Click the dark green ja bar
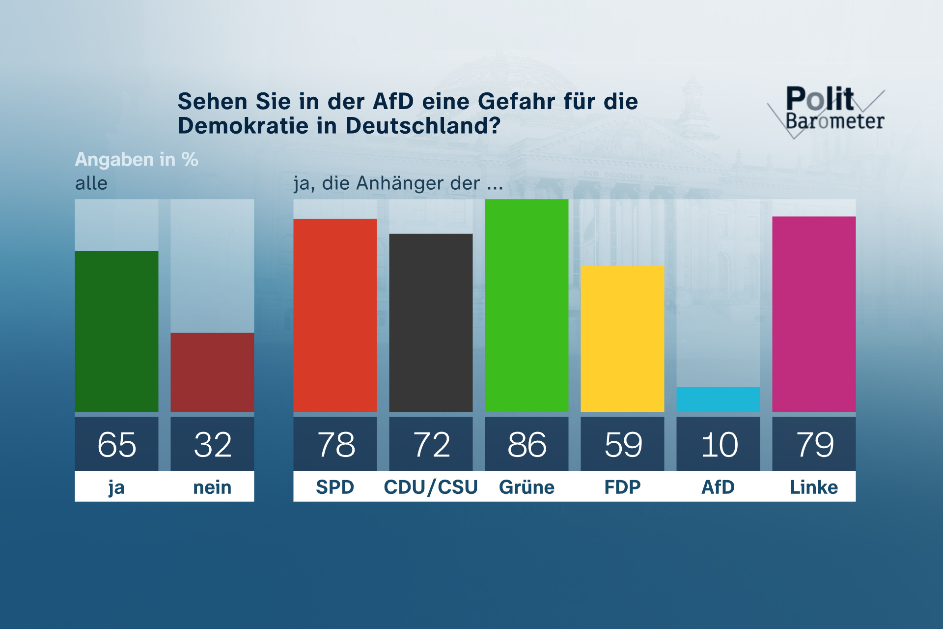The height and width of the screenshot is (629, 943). (x=116, y=331)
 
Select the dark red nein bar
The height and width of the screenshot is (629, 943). (x=212, y=372)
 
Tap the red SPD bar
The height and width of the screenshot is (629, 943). (x=335, y=315)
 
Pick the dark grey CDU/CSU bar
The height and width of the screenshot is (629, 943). (x=431, y=322)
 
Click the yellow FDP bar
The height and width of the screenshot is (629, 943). (x=622, y=339)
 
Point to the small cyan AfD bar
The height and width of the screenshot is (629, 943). (x=718, y=399)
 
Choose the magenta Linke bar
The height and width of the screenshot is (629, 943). (x=814, y=314)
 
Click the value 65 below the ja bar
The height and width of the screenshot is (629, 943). (x=116, y=444)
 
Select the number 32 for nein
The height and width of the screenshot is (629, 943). (x=212, y=444)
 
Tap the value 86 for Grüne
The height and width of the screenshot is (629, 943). (x=527, y=444)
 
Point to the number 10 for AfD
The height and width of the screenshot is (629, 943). (x=719, y=444)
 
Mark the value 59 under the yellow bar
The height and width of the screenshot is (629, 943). (x=623, y=444)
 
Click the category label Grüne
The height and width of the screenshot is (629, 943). (x=527, y=487)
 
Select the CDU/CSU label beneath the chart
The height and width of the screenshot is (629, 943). (x=431, y=487)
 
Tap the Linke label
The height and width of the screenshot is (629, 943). (x=814, y=487)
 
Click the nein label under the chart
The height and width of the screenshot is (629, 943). (x=212, y=487)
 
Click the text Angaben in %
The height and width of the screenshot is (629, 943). (x=137, y=159)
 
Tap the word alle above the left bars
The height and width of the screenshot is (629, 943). (x=91, y=183)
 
